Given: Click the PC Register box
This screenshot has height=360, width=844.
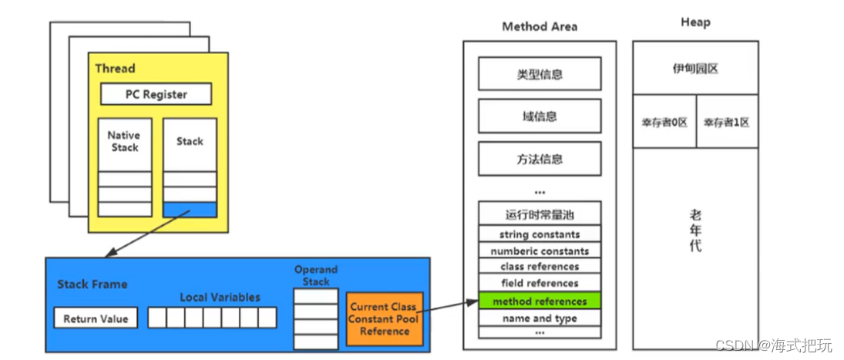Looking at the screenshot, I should tap(156, 94).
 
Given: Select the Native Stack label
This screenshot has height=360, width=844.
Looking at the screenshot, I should tap(124, 141).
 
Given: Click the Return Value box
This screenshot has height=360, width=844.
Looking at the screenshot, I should tap(96, 318).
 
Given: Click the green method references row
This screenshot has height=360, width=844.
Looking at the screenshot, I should tap(540, 301).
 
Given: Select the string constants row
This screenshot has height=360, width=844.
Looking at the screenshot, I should tap(540, 234).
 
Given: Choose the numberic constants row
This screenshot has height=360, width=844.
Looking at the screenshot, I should tap(540, 251).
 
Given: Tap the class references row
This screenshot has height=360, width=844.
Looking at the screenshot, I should tap(540, 267).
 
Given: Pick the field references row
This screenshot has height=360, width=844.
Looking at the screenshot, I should tap(540, 284).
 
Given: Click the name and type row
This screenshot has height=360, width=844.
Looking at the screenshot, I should tap(540, 318).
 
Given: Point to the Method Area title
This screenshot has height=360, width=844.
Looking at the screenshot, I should tap(539, 27).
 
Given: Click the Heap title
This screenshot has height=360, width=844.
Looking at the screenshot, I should tap(694, 22).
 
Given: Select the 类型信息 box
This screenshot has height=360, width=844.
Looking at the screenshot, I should tap(540, 74).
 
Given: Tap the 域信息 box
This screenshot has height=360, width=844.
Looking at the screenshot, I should tap(540, 116).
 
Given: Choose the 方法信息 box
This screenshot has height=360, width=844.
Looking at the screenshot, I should tap(540, 159).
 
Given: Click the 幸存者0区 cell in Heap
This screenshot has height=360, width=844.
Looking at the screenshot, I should tap(664, 122).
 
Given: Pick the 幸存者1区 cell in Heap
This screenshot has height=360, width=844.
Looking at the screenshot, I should tap(726, 122).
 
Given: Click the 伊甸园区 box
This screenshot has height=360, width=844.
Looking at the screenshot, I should tap(694, 69).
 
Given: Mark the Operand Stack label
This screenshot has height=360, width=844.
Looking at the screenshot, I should tap(316, 275).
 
